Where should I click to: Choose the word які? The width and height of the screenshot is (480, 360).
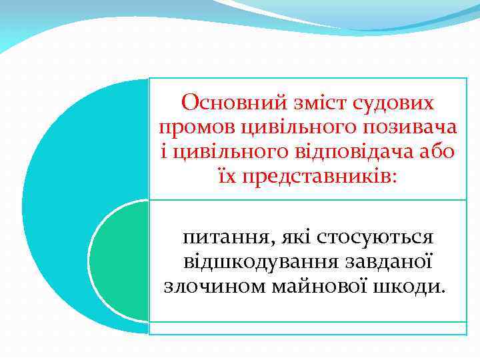(x=292, y=237)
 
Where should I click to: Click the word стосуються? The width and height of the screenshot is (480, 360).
(x=375, y=237)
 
